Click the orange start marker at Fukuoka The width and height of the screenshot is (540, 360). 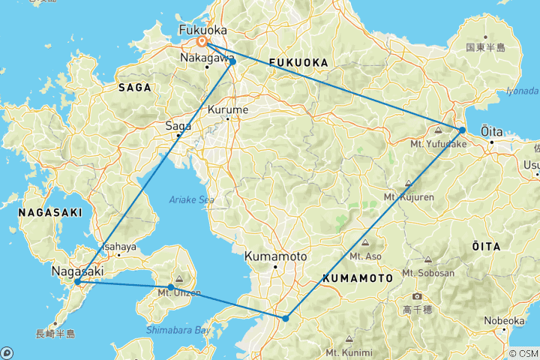(x=202, y=42)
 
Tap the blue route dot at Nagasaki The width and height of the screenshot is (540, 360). (x=77, y=282)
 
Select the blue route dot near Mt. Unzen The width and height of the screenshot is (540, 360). (x=171, y=287)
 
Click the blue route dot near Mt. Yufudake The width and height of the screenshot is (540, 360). (x=463, y=130)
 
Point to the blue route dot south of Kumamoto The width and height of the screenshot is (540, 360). (x=286, y=319)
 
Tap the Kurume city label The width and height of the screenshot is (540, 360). (x=226, y=109)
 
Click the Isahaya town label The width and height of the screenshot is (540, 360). (x=119, y=247)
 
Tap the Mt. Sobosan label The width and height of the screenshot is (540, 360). (x=428, y=273)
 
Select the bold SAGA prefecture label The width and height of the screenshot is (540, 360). (x=135, y=88)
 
